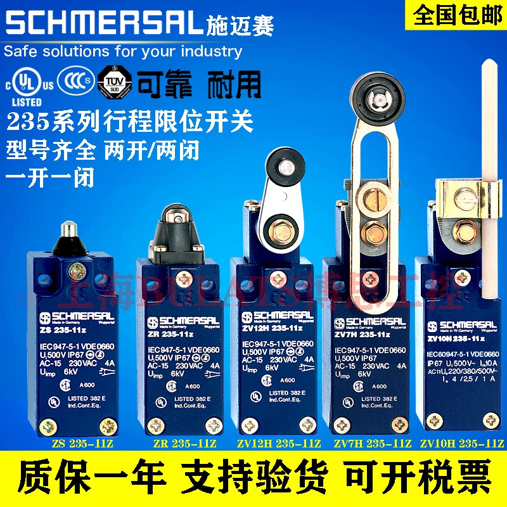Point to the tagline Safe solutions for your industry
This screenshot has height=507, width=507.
[124, 50]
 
